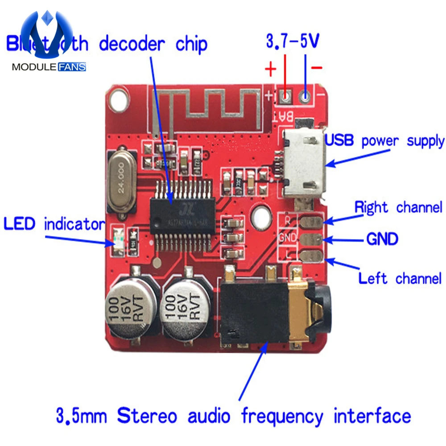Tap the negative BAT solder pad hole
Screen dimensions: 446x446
[x=306, y=95]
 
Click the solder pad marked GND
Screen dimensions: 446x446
[x=311, y=239]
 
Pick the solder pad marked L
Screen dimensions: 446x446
[x=311, y=256]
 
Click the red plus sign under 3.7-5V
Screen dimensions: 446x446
[x=270, y=70]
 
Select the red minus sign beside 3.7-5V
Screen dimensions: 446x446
[x=317, y=68]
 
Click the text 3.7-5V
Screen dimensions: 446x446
[x=293, y=41]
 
